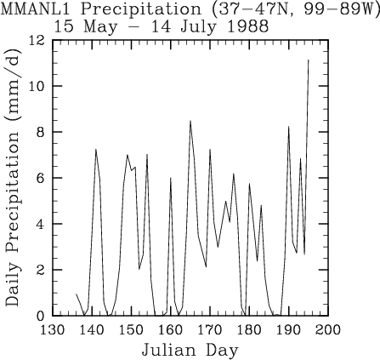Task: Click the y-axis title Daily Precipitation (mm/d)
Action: click(x=13, y=177)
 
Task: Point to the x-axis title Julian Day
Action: click(x=190, y=351)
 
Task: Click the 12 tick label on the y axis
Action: click(x=37, y=41)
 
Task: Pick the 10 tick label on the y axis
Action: click(x=37, y=86)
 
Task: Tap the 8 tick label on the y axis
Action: click(x=41, y=132)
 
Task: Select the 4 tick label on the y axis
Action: click(x=41, y=224)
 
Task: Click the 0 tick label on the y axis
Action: click(x=41, y=316)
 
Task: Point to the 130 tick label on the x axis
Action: click(x=53, y=330)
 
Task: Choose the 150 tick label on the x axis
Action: click(x=131, y=330)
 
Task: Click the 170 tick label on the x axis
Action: click(x=210, y=330)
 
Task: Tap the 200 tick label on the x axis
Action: click(x=328, y=330)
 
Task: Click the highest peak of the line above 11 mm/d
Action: click(x=309, y=60)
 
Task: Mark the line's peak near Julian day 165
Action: click(x=190, y=121)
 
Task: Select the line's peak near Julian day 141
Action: click(x=96, y=149)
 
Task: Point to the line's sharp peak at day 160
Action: click(x=171, y=178)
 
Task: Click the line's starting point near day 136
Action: click(x=77, y=294)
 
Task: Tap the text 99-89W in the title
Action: click(x=333, y=9)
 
